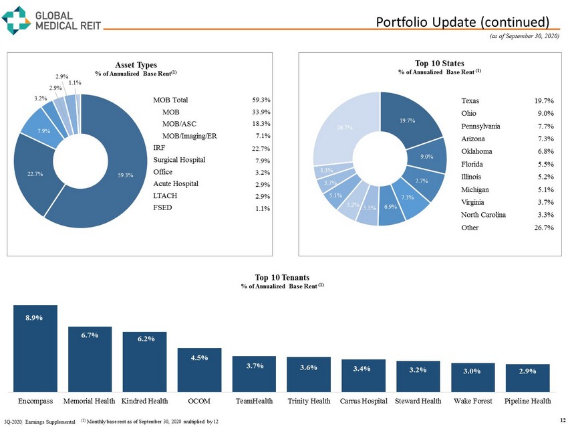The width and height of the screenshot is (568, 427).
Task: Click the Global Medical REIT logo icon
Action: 16,19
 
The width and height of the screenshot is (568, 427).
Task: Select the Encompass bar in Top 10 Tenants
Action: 35,348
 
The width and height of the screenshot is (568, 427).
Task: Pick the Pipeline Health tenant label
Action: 528,401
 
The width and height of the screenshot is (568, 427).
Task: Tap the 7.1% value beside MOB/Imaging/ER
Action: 262,136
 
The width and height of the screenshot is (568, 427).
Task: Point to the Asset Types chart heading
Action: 135,64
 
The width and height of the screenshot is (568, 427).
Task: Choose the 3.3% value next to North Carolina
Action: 543,215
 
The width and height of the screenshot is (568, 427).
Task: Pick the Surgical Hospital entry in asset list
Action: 179,160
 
